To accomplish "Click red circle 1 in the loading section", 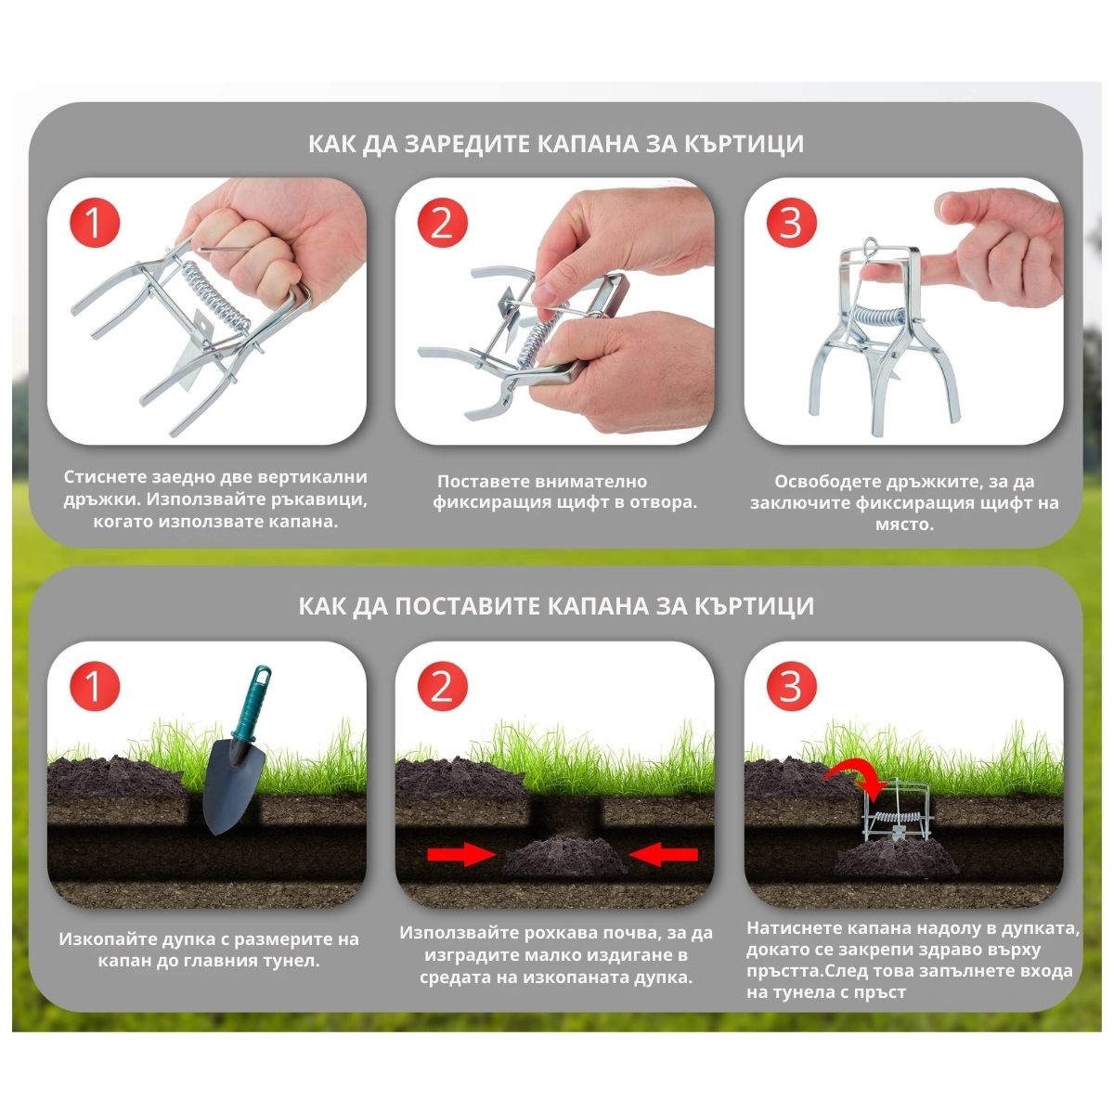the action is click(x=95, y=223).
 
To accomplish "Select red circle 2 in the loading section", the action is click(x=442, y=223).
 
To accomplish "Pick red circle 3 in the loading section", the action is click(x=792, y=223).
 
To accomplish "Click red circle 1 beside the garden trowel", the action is click(x=95, y=686).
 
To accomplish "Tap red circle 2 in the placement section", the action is click(x=442, y=686).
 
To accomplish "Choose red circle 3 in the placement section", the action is click(x=792, y=686).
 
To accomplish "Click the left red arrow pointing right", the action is click(x=460, y=854).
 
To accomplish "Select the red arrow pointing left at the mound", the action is click(x=663, y=854).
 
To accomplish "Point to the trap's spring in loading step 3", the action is click(x=879, y=317).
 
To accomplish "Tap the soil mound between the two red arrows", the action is click(x=563, y=857).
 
